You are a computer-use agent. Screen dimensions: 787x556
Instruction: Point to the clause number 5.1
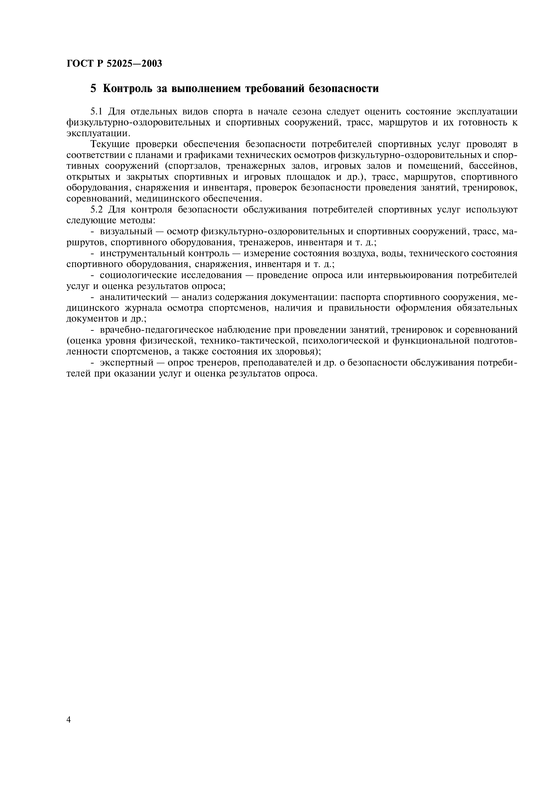coord(97,112)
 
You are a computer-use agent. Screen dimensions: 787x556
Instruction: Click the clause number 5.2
coord(97,209)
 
